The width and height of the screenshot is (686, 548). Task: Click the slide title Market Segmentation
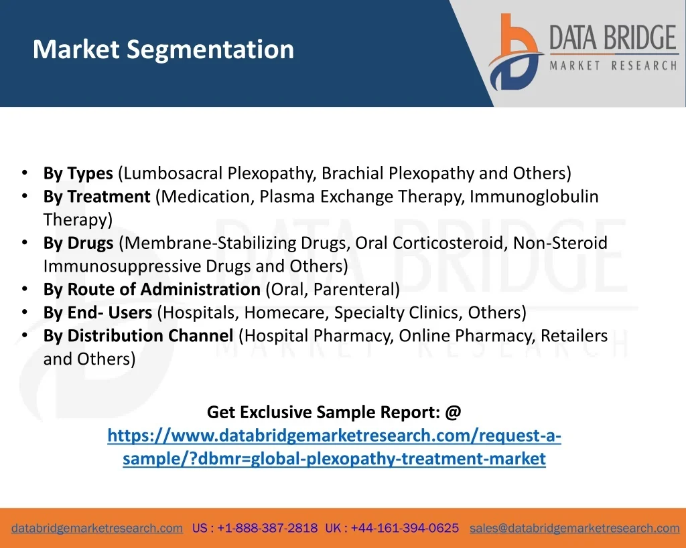(163, 50)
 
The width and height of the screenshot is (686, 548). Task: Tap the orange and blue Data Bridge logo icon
(516, 52)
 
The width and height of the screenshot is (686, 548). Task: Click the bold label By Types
(78, 173)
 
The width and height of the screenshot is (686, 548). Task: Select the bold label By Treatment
(96, 197)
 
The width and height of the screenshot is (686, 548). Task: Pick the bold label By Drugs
(78, 243)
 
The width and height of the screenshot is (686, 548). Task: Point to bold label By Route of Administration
(152, 289)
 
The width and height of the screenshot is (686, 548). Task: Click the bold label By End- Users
(98, 312)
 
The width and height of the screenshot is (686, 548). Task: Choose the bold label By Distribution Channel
(138, 336)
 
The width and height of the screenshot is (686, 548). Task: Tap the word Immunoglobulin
(534, 197)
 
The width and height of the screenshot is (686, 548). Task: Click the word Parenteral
(354, 289)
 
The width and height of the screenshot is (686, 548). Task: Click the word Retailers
(574, 336)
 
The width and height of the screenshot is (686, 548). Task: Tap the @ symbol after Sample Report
(454, 412)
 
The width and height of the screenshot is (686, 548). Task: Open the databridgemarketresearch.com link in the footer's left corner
(97, 528)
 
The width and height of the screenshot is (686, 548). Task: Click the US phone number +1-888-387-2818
(267, 528)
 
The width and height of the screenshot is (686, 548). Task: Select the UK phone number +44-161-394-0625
(405, 528)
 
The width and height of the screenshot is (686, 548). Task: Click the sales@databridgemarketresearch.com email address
(574, 528)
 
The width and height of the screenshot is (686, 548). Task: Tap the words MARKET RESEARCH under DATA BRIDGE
(614, 66)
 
